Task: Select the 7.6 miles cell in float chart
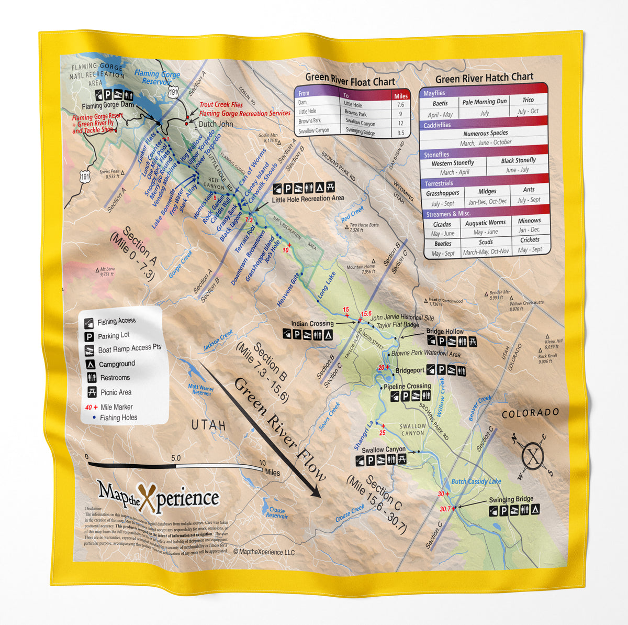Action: tap(400, 105)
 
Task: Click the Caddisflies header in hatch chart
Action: tap(438, 125)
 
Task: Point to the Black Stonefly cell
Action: tap(518, 160)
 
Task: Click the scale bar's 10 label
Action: tap(262, 463)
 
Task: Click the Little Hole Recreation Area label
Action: tap(308, 199)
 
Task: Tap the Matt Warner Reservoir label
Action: tap(201, 389)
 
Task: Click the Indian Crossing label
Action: tap(312, 324)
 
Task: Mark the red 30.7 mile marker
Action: tap(445, 509)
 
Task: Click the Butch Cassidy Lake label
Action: tap(476, 481)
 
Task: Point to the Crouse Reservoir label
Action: tap(277, 513)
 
